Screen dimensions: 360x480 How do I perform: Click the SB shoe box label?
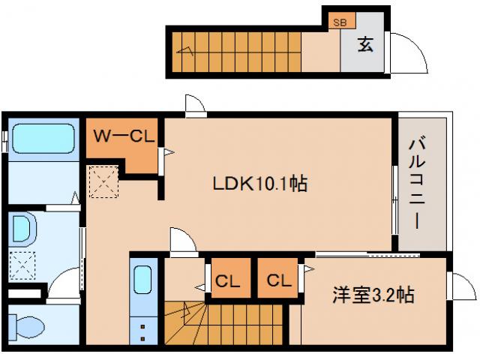coord(340,22)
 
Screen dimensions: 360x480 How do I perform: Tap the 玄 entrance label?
coord(364,45)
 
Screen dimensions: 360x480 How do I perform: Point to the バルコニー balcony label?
coord(419,184)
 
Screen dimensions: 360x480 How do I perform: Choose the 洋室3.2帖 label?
coord(373,295)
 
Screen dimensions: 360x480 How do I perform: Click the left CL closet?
coord(228,281)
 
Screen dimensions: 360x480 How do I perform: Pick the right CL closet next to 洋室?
coord(279,281)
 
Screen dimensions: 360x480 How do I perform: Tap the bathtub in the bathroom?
coord(43,139)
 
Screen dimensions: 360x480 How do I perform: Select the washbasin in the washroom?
coord(22,229)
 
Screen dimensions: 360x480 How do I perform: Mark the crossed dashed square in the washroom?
coord(22,264)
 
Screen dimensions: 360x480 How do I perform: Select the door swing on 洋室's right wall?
coord(460,286)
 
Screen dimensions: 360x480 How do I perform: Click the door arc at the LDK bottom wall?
coord(181,241)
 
